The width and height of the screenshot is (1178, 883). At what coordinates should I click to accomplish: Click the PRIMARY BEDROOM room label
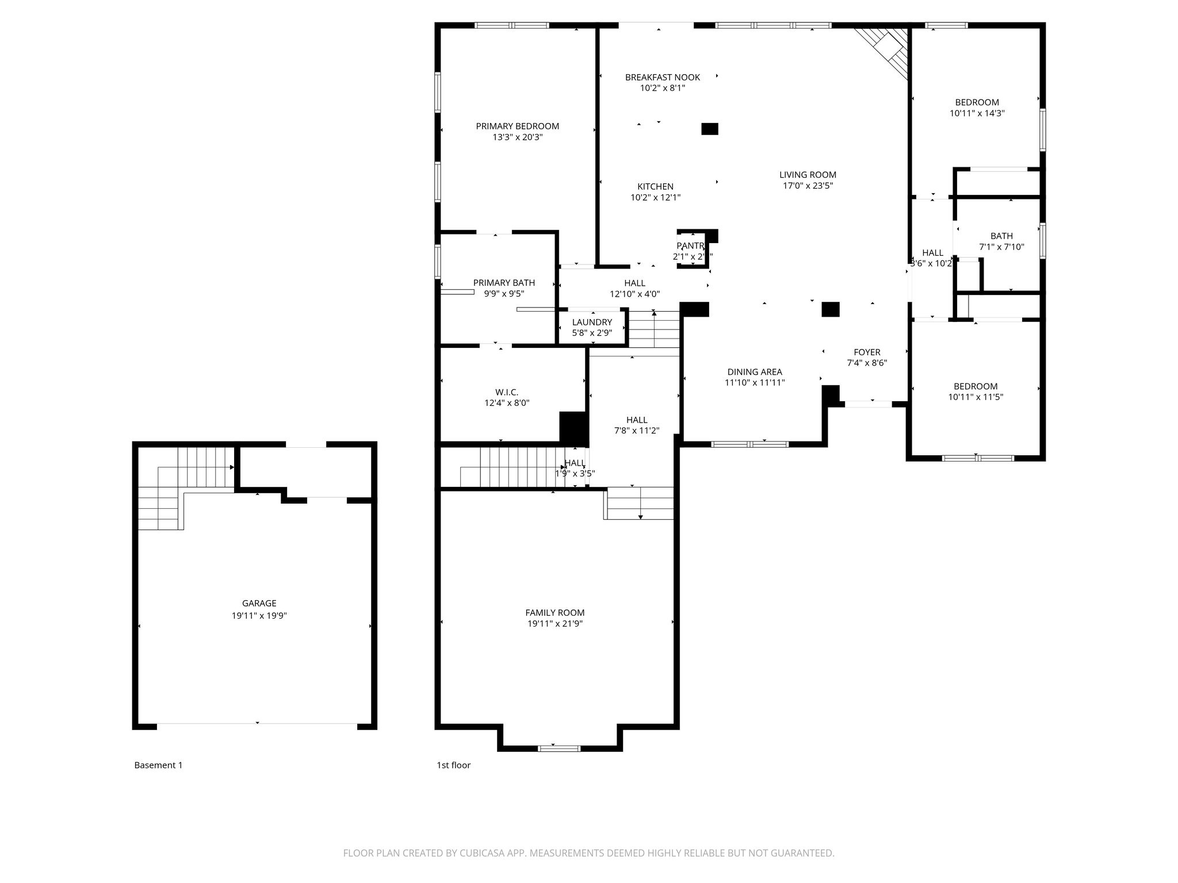point(517,126)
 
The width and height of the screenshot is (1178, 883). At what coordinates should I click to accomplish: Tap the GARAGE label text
point(259,603)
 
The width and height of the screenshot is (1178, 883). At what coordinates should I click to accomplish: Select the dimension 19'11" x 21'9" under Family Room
point(555,624)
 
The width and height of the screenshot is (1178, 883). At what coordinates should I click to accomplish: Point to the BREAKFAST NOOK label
point(663,77)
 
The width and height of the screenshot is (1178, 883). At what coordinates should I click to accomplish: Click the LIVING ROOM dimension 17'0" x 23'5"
point(808,186)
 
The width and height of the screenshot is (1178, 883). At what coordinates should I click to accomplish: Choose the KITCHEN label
point(655,186)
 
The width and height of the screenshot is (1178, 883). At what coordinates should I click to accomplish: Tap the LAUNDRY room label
point(592,322)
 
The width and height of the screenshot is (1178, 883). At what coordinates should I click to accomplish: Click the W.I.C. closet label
point(507,392)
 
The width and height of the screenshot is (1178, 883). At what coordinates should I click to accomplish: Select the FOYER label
point(867,352)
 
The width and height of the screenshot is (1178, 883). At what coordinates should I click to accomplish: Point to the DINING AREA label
point(755,372)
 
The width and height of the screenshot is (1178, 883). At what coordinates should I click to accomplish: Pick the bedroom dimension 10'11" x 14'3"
point(977,114)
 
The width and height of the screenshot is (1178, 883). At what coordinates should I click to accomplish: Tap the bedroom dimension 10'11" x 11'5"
point(976,397)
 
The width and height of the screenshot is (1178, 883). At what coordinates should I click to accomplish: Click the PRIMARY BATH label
point(504,283)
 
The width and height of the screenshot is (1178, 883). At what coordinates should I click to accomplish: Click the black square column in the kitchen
point(710,129)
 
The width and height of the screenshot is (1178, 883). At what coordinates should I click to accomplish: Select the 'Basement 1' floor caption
point(158,765)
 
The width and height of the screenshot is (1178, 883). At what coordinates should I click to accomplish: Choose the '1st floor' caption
point(453,765)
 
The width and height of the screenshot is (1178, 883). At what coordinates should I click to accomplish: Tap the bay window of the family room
point(559,748)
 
